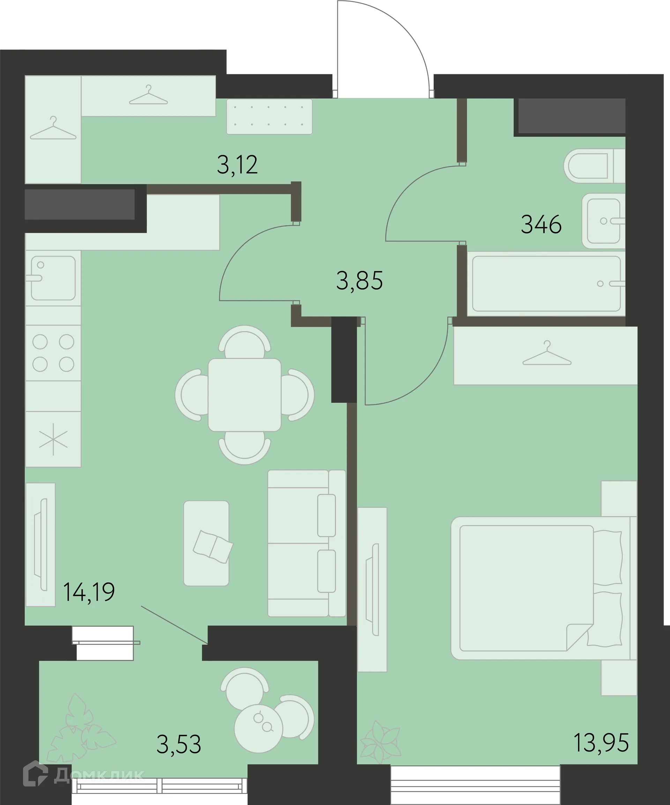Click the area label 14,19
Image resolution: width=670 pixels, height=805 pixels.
89,592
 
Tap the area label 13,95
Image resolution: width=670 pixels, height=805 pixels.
601,743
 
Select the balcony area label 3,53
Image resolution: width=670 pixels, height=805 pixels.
179,744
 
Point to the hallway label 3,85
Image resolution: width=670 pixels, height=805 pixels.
359,281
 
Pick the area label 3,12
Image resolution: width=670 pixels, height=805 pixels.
237,165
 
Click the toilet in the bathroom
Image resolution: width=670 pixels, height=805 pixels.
594,166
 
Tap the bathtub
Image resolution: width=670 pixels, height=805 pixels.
546,284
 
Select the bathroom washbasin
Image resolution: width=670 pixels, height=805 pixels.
603,221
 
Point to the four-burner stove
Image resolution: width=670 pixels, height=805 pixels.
53,353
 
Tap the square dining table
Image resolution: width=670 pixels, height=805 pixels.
245,395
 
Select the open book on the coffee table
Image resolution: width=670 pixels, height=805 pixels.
213,547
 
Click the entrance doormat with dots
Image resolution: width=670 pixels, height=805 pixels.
269,116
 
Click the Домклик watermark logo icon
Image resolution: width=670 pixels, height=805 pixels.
35,773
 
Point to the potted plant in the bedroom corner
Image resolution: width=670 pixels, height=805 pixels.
381,742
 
